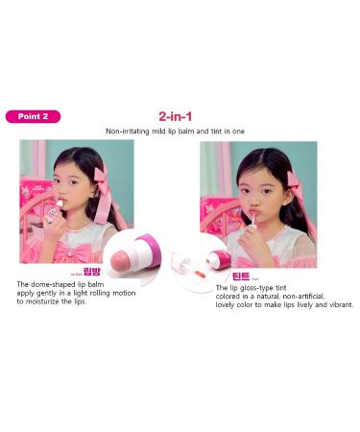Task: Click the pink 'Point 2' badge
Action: tap(33, 116)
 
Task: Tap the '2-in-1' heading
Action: tap(180, 116)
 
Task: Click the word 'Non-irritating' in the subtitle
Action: tap(132, 131)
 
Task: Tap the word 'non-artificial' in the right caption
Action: tap(302, 297)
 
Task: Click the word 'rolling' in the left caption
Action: tap(112, 294)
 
